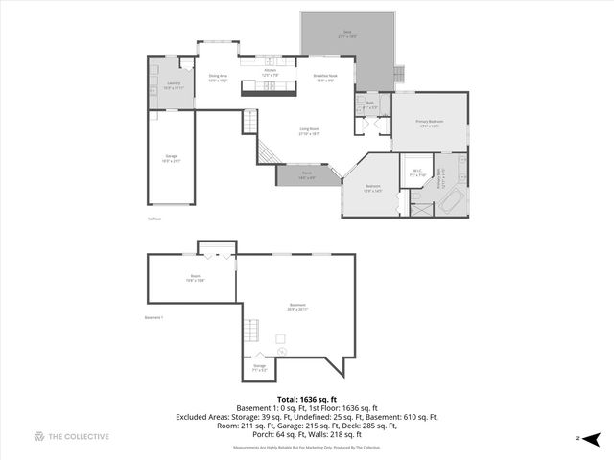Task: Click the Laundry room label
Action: pos(174,84)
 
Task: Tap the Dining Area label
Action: pos(218,78)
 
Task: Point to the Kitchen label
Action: pos(271,71)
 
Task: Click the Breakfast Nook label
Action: pos(324,77)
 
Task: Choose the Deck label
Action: pos(346,34)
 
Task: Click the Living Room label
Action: pos(308,131)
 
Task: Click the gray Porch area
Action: pos(307,175)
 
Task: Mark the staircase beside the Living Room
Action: pos(250,122)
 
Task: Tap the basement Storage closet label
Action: pos(259,366)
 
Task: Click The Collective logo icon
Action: pos(39,437)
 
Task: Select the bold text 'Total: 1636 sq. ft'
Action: pos(307,399)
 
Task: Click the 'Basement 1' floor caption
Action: pos(155,317)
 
